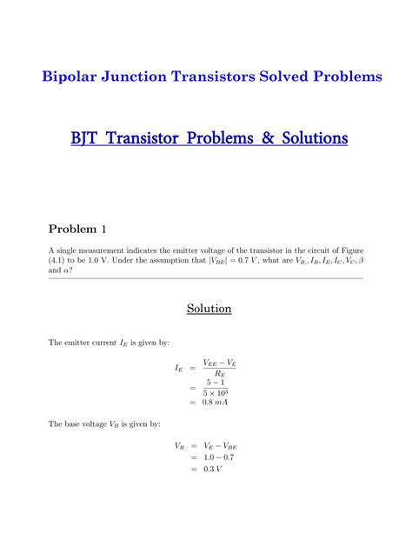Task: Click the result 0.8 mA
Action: coord(217,403)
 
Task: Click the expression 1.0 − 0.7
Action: coord(217,457)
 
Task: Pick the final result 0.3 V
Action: coord(213,470)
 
